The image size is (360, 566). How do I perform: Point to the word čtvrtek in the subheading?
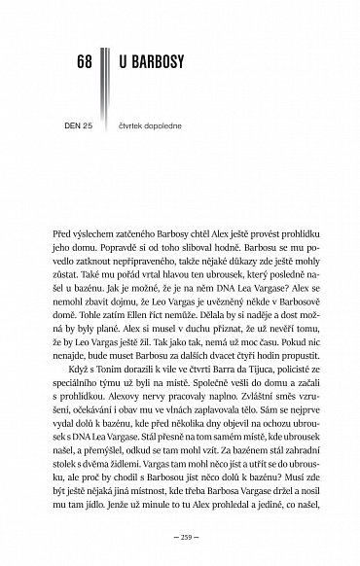point(133,123)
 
